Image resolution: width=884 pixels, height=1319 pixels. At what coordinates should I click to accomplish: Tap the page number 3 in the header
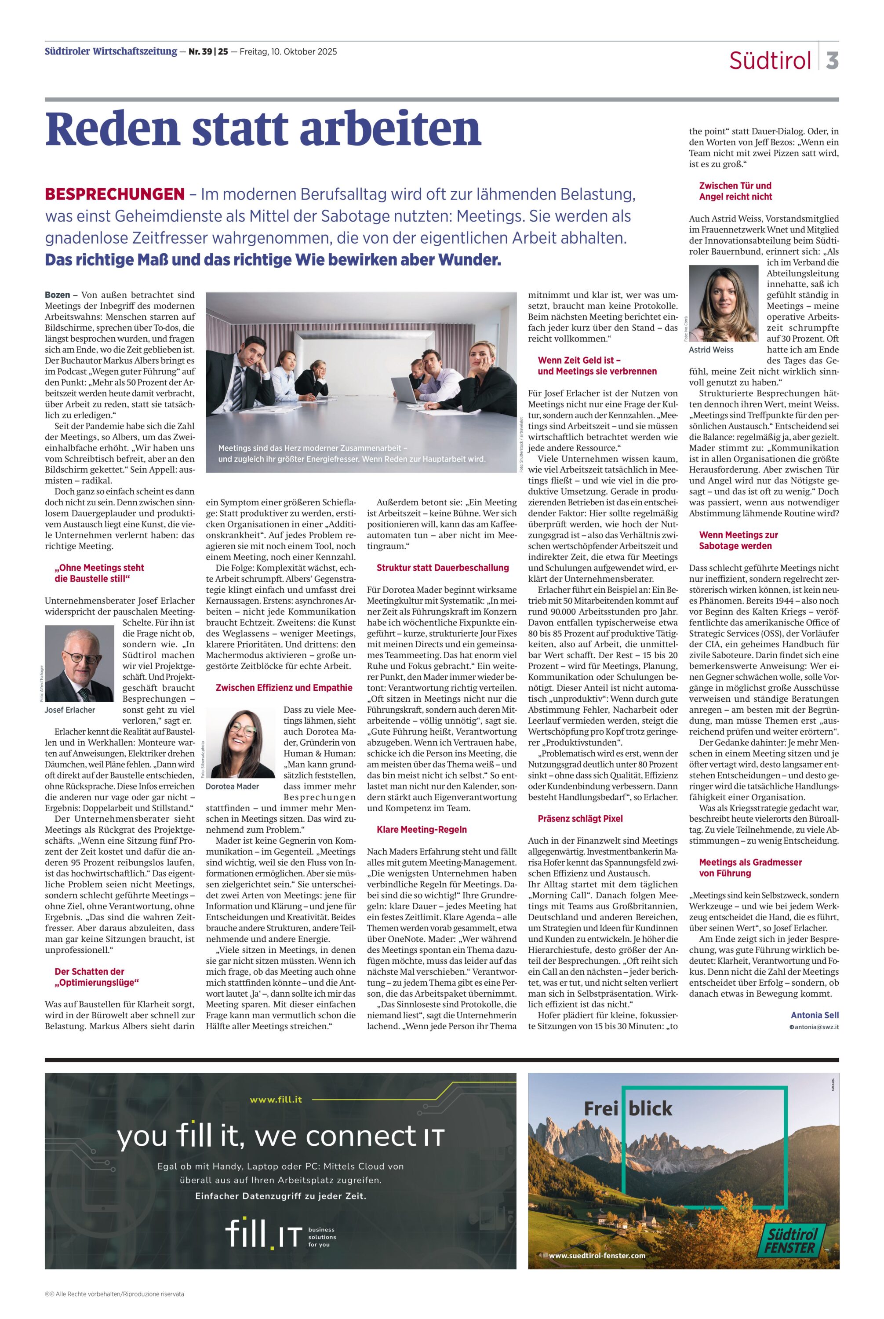click(x=832, y=60)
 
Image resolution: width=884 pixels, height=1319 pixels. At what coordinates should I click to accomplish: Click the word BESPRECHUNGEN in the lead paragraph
click(x=114, y=194)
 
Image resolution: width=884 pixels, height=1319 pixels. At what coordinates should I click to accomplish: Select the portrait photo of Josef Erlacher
click(x=80, y=663)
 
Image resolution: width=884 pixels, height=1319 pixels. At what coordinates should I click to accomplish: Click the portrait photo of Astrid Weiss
click(x=723, y=303)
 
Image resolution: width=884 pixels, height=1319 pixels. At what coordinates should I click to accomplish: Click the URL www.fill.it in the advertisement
click(x=276, y=1100)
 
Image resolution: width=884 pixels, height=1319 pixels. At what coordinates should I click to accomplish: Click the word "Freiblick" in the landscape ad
click(x=628, y=1109)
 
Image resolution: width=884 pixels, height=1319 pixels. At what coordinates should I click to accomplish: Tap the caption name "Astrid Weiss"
click(x=711, y=350)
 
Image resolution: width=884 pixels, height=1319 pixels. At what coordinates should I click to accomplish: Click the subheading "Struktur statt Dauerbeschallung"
click(x=443, y=568)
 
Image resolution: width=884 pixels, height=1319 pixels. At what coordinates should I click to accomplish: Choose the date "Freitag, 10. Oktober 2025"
click(x=288, y=52)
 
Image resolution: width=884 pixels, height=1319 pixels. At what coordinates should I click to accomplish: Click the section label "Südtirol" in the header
click(x=770, y=60)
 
